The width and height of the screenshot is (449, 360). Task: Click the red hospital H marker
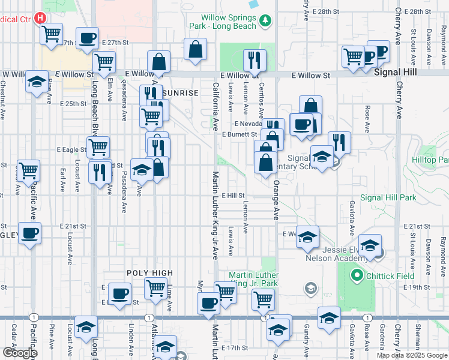40,18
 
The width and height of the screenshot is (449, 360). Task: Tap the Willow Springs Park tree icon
265,22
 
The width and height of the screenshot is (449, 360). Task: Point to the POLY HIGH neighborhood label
149,272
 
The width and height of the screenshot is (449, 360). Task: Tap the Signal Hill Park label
388,197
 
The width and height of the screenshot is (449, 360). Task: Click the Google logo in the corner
20,352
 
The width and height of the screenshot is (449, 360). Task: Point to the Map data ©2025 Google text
411,355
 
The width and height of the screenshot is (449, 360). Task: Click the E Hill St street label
233,196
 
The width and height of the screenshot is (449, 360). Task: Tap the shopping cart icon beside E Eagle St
98,146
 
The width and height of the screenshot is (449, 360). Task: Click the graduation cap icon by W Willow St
37,81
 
